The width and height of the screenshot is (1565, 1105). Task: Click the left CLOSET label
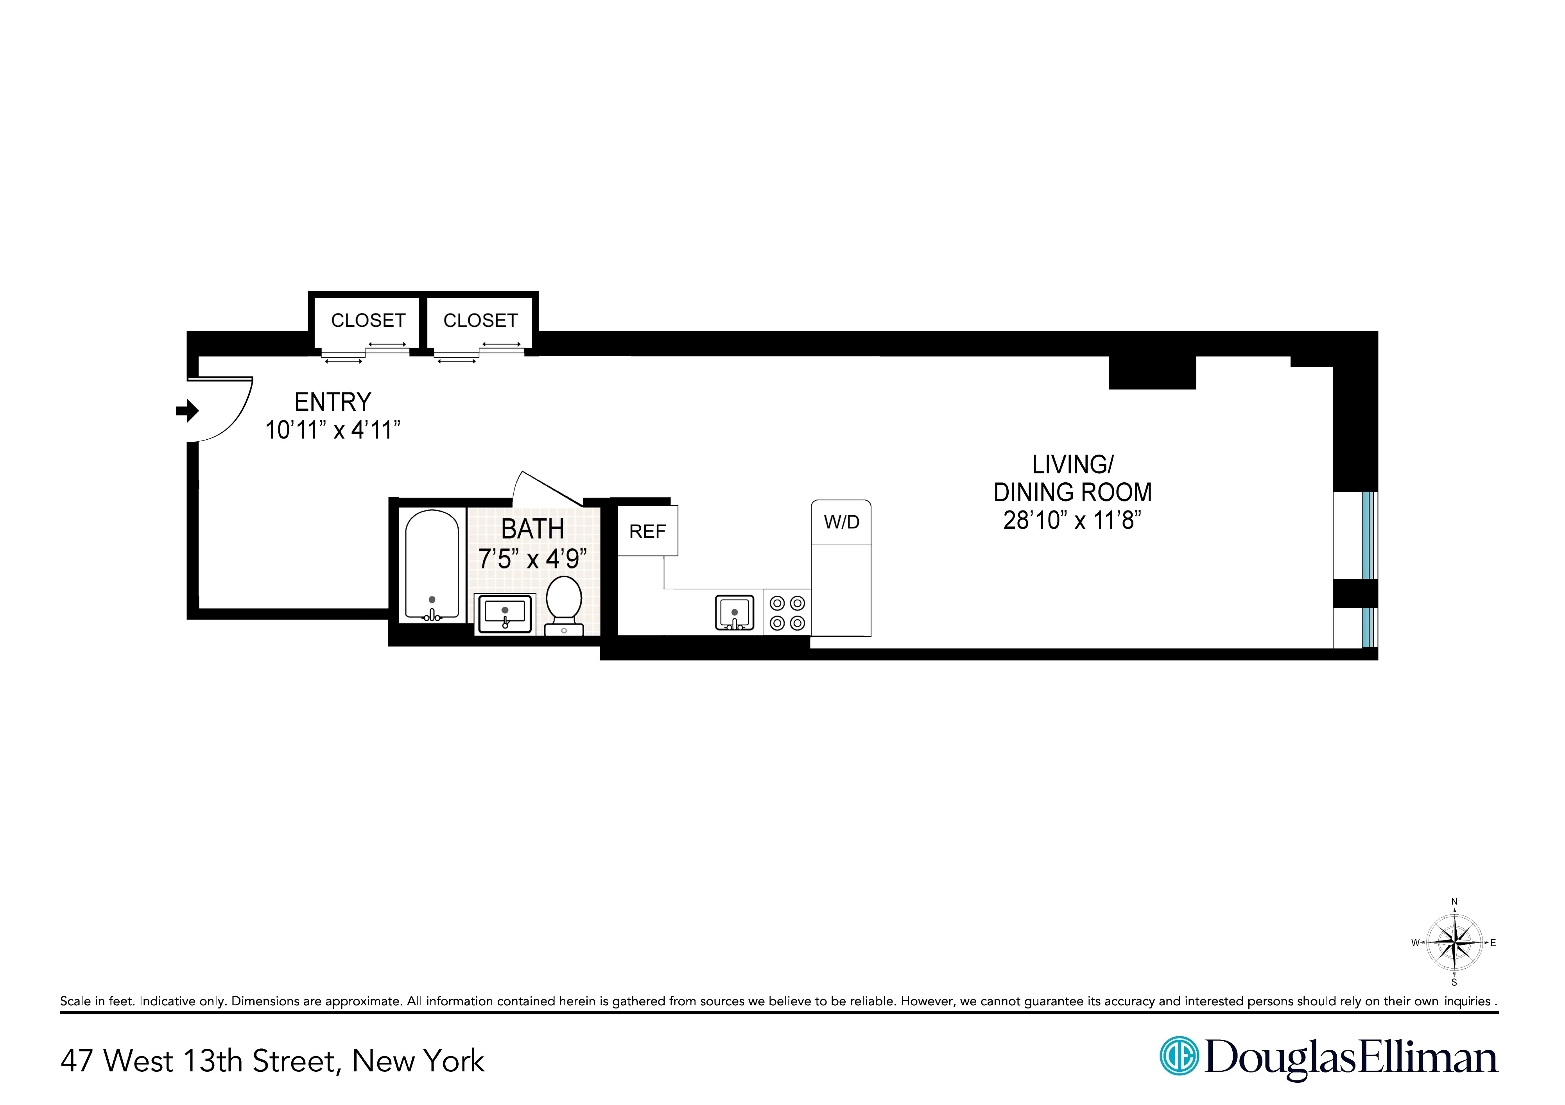coord(368,321)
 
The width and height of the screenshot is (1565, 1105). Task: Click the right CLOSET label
coord(480,321)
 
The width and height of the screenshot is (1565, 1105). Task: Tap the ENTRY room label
coord(333,402)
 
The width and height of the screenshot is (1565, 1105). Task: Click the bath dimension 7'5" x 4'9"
coord(532,559)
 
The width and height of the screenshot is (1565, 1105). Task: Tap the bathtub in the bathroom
coord(432,566)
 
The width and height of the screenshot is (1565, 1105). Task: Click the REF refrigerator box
coord(647,531)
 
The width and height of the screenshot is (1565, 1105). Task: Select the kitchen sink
coord(734,612)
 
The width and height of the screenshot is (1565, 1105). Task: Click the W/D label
coord(842,522)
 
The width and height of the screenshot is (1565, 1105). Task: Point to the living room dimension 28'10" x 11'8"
coord(1072,521)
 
